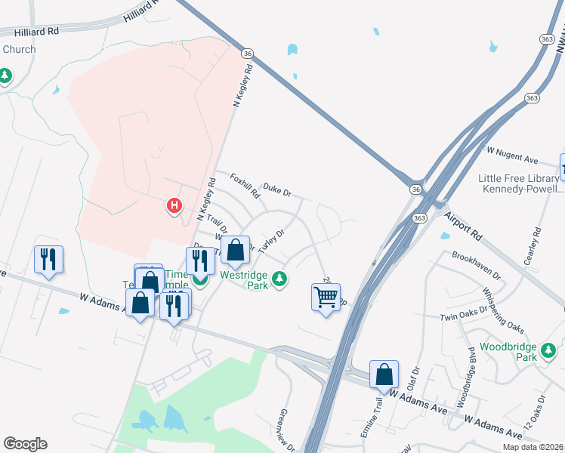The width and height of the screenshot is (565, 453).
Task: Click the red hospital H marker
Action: coord(174,205)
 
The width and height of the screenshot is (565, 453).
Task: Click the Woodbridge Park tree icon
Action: coord(549,350)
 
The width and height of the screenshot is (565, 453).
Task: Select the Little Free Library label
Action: coord(520,178)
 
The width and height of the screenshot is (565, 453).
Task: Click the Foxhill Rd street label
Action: coord(245,186)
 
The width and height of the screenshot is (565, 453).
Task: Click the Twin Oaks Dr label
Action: coord(463,314)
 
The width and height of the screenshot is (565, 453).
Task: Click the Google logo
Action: coord(25,444)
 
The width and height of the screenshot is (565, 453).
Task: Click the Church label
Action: coord(19,49)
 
